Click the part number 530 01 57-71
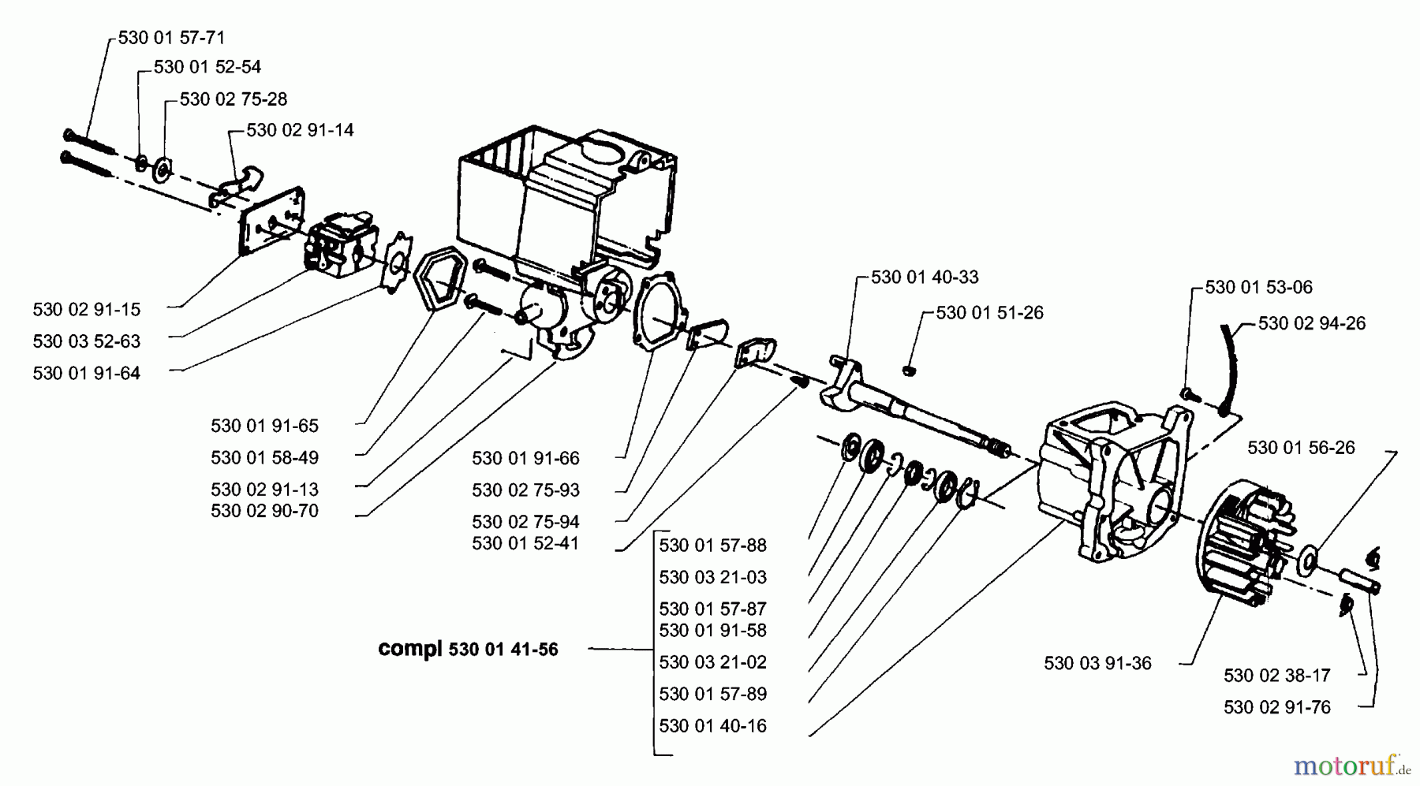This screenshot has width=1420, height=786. [x=171, y=37]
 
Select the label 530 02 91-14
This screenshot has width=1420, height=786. [x=300, y=130]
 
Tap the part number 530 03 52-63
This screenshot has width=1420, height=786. [x=87, y=341]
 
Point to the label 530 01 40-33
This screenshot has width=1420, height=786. [x=925, y=278]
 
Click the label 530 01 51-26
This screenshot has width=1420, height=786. [x=989, y=313]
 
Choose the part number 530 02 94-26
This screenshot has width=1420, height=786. [x=1311, y=323]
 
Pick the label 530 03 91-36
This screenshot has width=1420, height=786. [x=1097, y=663]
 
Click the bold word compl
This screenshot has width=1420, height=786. [x=409, y=649]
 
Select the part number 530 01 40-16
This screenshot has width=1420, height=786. [x=712, y=726]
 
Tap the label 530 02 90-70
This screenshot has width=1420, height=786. [x=264, y=511]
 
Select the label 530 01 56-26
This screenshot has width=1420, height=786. [x=1301, y=448]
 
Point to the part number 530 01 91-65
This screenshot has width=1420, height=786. [x=264, y=426]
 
